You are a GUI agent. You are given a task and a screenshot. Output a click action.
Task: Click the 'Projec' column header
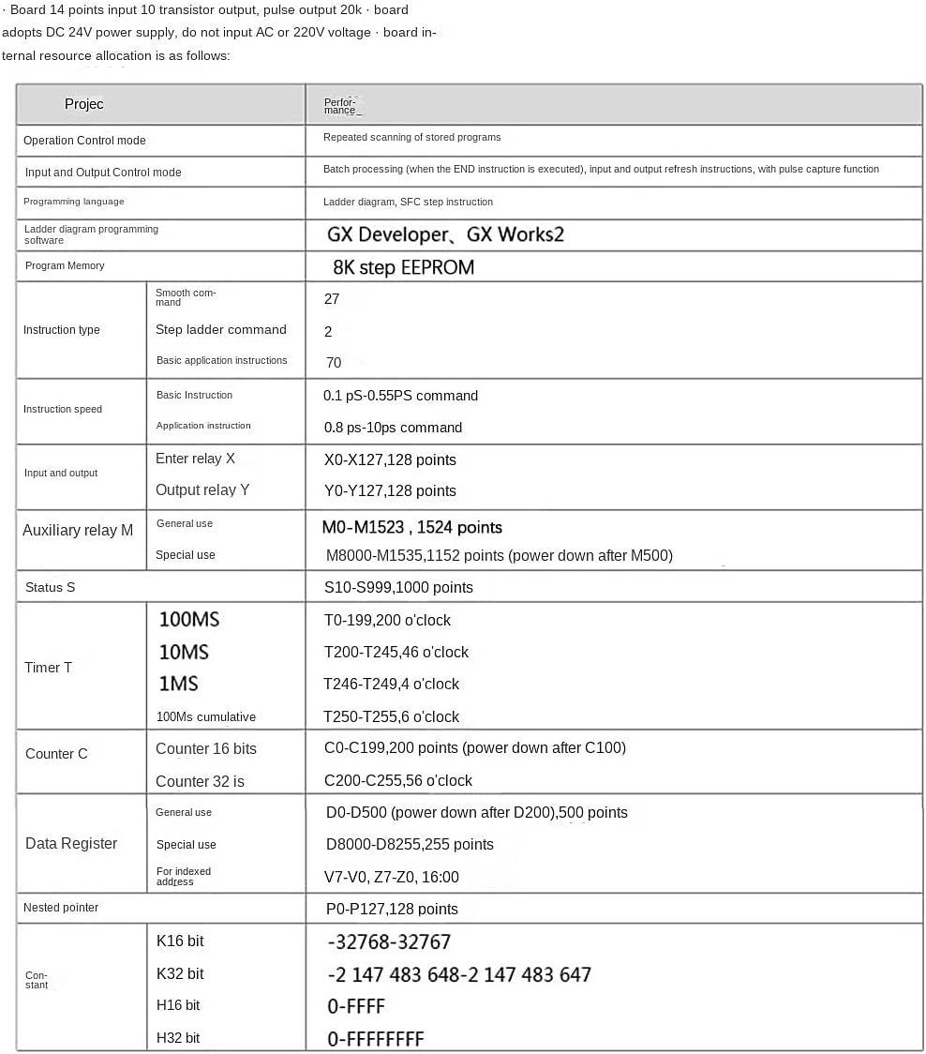coord(84,104)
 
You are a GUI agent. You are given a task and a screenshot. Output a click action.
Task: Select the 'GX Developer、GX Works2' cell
coord(445,234)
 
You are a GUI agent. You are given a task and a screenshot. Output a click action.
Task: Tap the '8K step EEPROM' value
coord(403,267)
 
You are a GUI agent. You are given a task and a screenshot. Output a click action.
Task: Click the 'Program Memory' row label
coord(65,266)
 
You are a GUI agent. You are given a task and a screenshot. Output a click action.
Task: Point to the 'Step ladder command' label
coord(220,330)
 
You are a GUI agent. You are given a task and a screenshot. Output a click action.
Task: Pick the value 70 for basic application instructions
coord(333,363)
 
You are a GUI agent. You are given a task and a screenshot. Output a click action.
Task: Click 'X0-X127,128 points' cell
coord(389,459)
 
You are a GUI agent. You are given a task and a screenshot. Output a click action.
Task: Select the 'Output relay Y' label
coord(202,490)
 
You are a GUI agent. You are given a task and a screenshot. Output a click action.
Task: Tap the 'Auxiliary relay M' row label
coord(78,531)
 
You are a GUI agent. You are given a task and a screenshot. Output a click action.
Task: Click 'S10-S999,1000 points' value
coord(398,588)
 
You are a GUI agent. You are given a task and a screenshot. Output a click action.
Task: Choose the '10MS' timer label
coord(184,652)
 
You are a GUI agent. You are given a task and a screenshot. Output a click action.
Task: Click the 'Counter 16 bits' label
coord(205,749)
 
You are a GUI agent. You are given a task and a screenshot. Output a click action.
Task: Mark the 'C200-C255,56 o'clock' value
coord(397,781)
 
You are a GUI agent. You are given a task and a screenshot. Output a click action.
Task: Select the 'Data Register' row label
coord(71,844)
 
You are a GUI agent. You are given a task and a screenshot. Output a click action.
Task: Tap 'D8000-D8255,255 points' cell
coord(410,845)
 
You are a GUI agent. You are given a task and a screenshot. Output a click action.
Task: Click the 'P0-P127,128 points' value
coord(391,910)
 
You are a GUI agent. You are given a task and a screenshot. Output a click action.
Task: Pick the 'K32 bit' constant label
coord(180,974)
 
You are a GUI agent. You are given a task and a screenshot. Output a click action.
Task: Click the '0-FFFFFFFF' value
coord(375,1039)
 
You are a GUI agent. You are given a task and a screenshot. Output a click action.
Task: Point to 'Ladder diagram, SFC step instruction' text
coord(408,203)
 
